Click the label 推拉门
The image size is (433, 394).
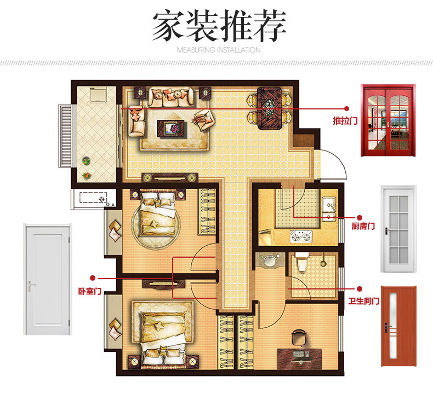tap(345, 120)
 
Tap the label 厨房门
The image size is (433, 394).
tap(363, 226)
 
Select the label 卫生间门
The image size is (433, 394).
tap(364, 301)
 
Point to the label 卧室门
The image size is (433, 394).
tap(90, 291)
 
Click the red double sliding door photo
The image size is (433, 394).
tap(388, 120)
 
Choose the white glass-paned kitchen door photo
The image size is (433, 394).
tap(398, 229)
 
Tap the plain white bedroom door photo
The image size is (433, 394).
tap(48, 279)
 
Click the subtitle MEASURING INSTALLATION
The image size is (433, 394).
tap(219, 50)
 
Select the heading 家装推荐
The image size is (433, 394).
tap(219, 26)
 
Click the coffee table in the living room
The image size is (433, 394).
tap(170, 128)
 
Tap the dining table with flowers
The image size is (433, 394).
tap(270, 108)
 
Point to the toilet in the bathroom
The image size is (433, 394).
tap(301, 262)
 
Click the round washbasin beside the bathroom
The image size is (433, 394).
tap(270, 260)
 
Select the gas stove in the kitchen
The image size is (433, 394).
tap(301, 236)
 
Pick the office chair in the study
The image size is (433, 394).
tap(299, 338)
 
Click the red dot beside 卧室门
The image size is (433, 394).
tap(93, 278)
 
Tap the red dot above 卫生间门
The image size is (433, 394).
tap(359, 289)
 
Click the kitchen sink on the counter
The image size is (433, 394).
tap(329, 208)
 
